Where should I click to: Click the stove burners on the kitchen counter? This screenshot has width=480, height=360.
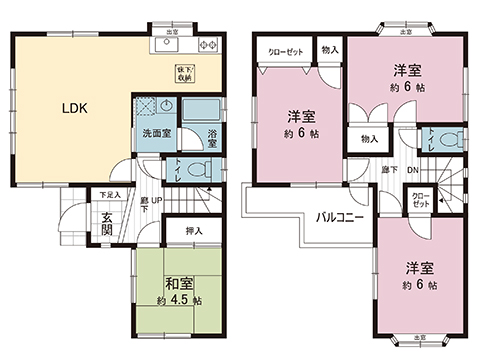click(x=210, y=45)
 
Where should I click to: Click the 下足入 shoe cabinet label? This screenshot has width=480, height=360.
click(x=109, y=195)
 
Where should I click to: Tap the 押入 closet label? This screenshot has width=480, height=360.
click(x=195, y=232)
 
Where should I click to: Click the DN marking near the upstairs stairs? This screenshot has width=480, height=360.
click(x=412, y=171)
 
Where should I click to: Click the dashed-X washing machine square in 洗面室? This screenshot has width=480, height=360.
click(x=145, y=107)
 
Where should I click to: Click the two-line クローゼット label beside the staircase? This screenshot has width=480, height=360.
click(x=422, y=199)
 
